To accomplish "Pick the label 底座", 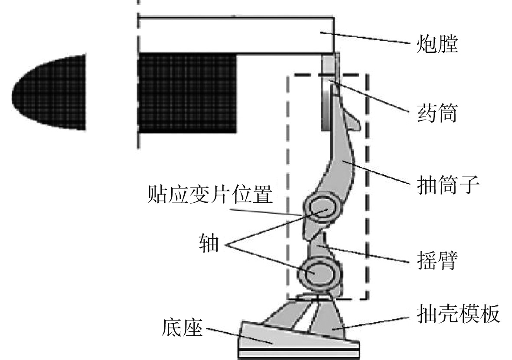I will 183,329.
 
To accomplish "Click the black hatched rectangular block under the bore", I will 186,92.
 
